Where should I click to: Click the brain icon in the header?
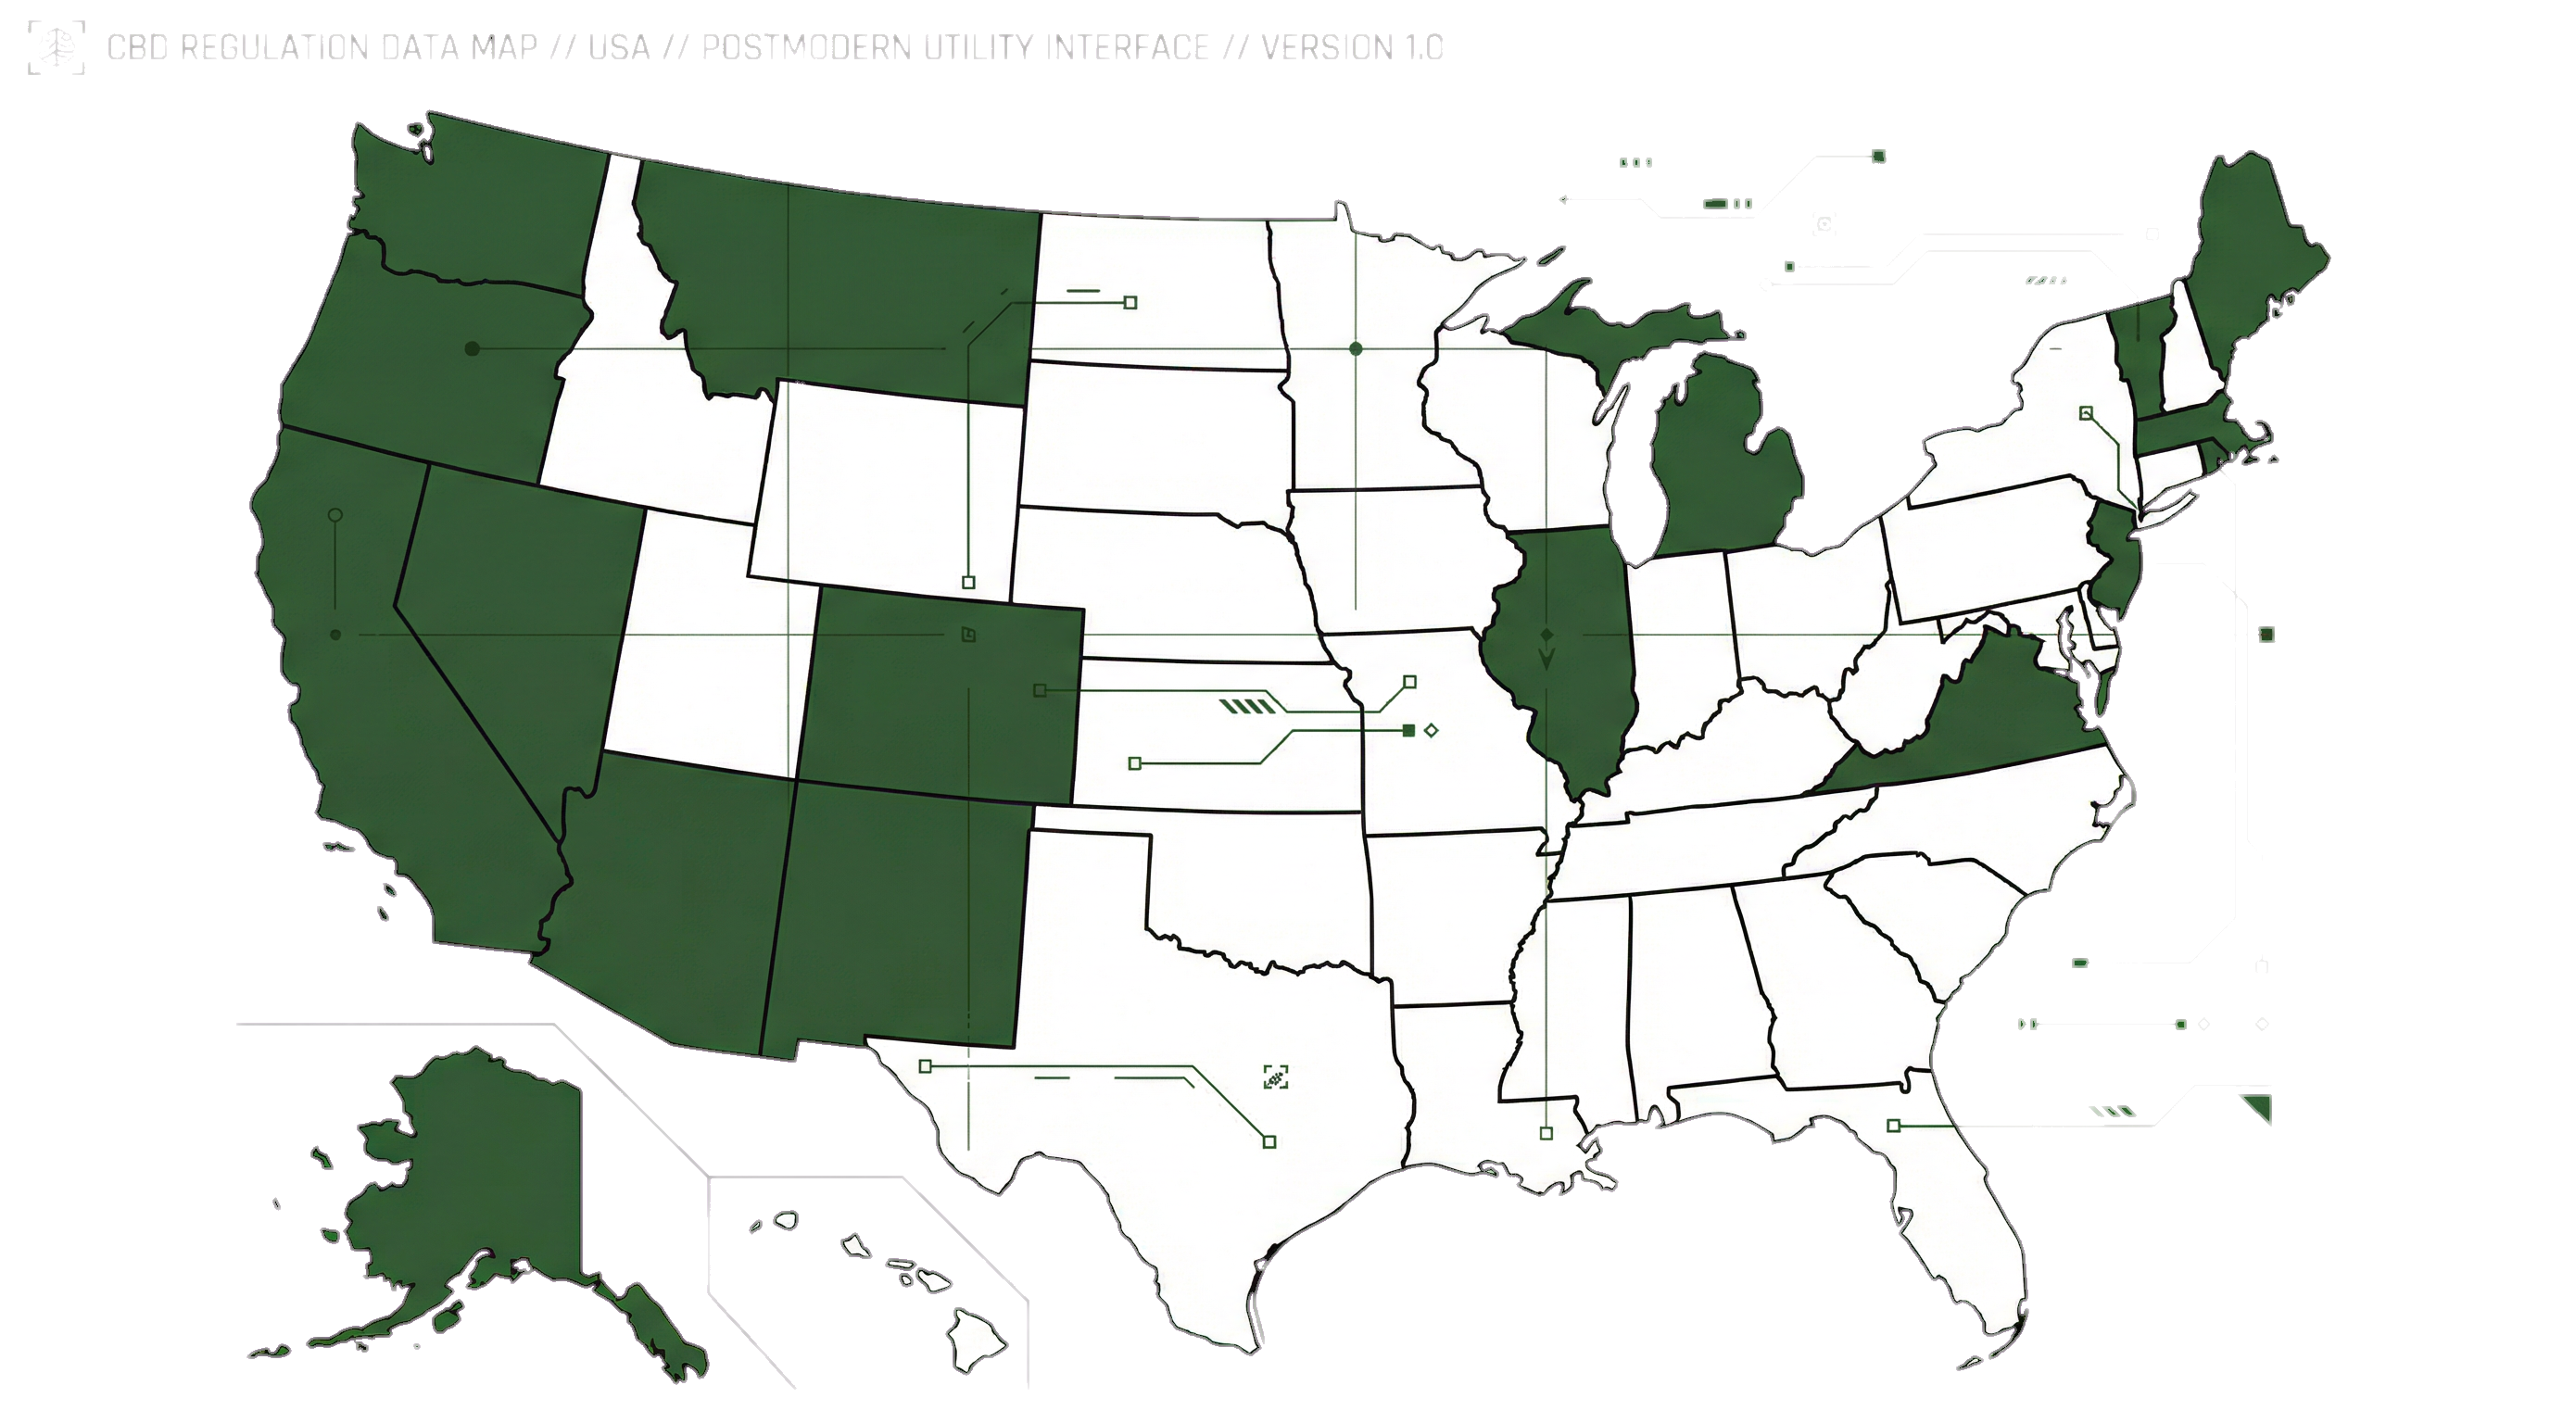[x=56, y=47]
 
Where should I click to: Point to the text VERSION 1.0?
[x=1351, y=47]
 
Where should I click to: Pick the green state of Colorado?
[x=940, y=693]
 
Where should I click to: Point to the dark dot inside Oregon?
[x=473, y=348]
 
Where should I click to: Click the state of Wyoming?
[x=886, y=485]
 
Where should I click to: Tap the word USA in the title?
[x=619, y=47]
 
